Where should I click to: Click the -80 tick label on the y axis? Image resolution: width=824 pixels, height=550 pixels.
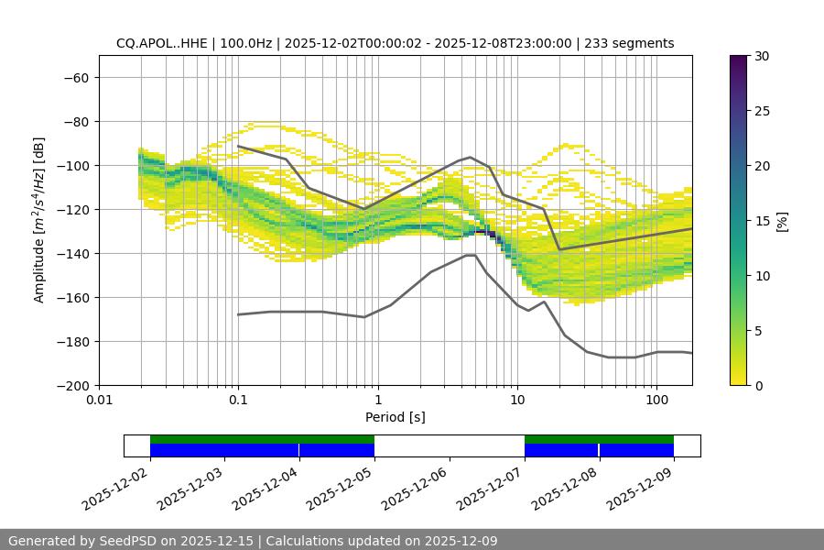(74, 122)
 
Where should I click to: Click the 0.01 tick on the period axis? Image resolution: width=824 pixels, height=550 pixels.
(99, 401)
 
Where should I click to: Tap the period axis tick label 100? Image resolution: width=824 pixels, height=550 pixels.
(656, 401)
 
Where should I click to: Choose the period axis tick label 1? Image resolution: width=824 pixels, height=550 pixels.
(378, 401)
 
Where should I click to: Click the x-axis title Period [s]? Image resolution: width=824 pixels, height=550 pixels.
(396, 417)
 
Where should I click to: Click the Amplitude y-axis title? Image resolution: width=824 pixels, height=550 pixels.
(39, 220)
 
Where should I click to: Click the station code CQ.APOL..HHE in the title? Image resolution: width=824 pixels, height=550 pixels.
(162, 43)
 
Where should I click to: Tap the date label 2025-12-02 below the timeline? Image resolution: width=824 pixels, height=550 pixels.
(114, 487)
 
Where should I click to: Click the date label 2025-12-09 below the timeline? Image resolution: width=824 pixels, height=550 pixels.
(638, 487)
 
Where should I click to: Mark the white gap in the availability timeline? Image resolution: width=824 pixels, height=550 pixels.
(449, 445)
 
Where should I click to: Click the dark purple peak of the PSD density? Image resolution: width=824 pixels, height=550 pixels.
(492, 235)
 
